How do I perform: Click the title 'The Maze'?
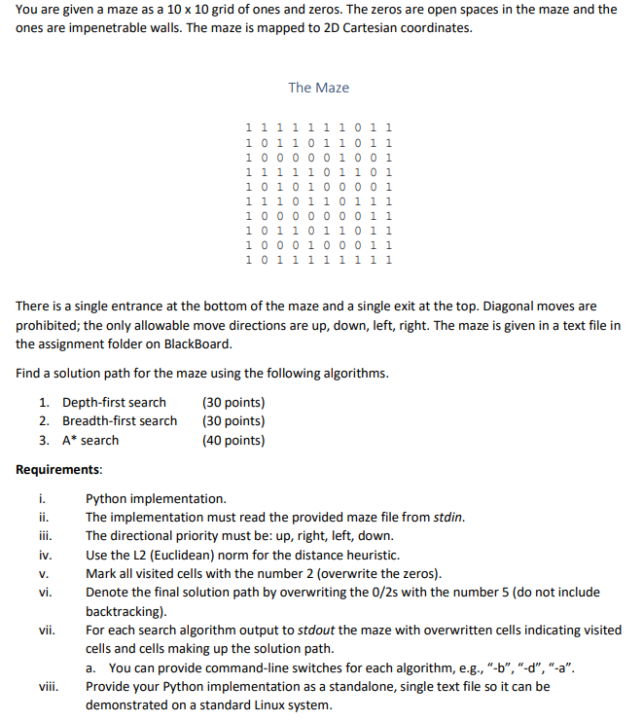(x=318, y=88)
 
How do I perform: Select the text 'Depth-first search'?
(x=114, y=402)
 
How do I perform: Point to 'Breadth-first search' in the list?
(x=120, y=420)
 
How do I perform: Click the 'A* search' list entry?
(x=90, y=440)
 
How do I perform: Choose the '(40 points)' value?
(x=232, y=440)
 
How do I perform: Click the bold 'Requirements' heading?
(x=58, y=469)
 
